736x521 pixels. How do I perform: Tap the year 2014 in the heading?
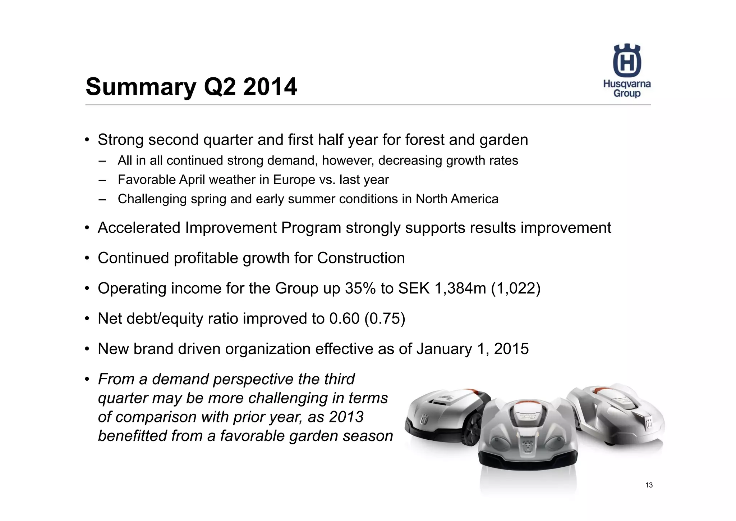click(x=270, y=87)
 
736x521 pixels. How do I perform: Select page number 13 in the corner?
click(x=649, y=485)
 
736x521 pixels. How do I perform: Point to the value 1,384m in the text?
click(x=460, y=289)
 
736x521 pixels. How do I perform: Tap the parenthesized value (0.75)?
click(x=385, y=319)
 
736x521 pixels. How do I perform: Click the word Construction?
click(x=361, y=258)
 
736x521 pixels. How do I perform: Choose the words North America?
click(x=457, y=199)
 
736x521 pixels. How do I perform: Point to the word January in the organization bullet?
click(x=444, y=349)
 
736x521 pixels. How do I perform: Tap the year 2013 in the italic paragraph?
click(x=346, y=417)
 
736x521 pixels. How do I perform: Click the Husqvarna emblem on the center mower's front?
click(x=528, y=447)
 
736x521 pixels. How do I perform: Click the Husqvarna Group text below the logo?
click(x=627, y=89)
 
